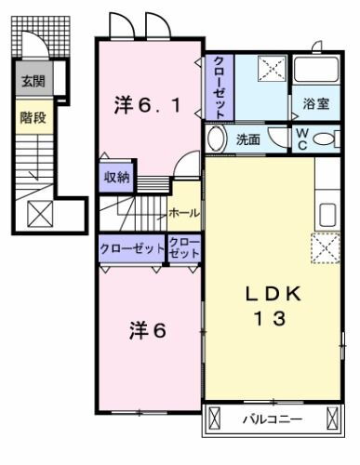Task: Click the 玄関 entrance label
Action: [33, 81]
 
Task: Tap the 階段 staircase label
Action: [33, 117]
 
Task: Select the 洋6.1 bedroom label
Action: [147, 105]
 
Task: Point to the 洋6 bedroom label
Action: [148, 330]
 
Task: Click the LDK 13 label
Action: [273, 306]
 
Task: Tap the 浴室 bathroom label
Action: [316, 103]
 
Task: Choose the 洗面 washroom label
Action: [248, 139]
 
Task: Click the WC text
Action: [302, 139]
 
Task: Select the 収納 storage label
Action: [116, 178]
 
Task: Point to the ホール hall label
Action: [184, 213]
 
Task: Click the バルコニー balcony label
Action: [273, 419]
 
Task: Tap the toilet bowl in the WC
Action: [323, 139]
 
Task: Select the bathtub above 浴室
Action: [316, 69]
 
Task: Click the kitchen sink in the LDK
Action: [327, 215]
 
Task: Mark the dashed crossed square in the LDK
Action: [326, 248]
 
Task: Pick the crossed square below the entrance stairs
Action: [40, 214]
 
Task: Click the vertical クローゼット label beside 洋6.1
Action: [220, 87]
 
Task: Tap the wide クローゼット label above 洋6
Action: [132, 248]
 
